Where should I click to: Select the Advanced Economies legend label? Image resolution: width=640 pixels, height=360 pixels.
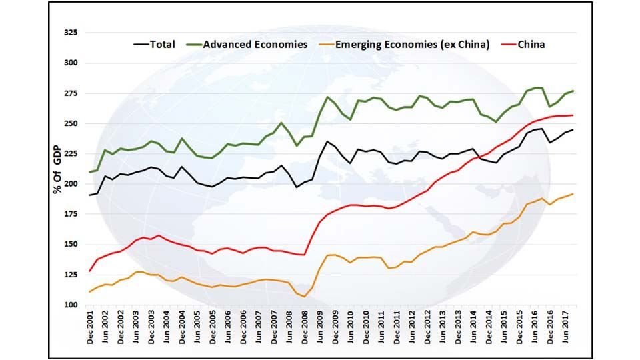tap(255, 45)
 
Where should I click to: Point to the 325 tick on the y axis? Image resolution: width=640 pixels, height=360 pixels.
tap(69, 33)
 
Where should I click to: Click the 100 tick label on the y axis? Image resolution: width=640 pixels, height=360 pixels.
tap(69, 305)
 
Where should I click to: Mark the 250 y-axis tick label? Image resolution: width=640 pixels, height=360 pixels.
tap(69, 123)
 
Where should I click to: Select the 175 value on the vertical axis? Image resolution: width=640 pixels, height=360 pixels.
tap(69, 214)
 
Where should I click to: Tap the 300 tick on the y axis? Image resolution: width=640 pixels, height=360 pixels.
tap(69, 63)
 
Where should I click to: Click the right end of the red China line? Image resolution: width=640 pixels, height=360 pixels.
tap(573, 115)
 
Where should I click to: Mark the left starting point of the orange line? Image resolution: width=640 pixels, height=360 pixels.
tap(90, 291)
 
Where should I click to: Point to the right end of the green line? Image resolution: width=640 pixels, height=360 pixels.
tap(573, 91)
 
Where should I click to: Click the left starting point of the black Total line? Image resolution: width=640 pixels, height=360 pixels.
tap(90, 195)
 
